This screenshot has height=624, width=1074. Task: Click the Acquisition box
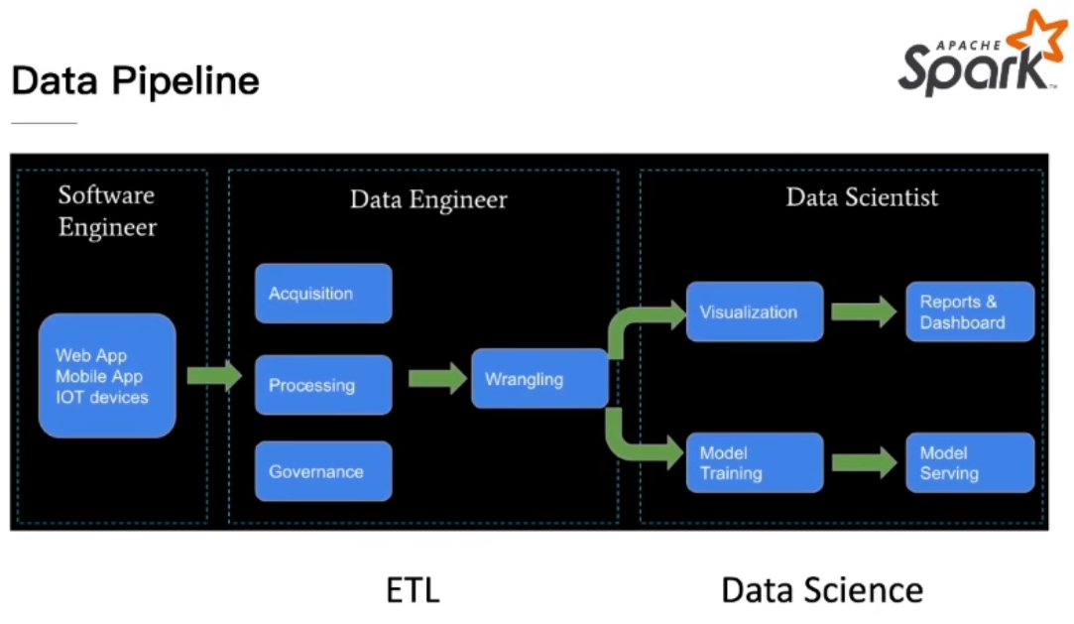pos(323,294)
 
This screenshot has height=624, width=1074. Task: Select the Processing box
pos(323,384)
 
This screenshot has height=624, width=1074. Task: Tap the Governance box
pos(323,470)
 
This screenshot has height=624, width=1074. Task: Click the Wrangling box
pos(539,378)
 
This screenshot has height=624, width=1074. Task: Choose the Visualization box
pos(755,312)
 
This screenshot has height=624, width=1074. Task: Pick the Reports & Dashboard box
pos(970,312)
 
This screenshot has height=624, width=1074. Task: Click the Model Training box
pos(755,462)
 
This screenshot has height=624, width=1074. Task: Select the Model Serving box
pos(970,462)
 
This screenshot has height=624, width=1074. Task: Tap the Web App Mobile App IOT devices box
pos(107,375)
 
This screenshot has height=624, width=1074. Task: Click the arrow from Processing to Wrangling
pos(437,379)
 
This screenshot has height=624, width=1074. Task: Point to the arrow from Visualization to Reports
pos(864,312)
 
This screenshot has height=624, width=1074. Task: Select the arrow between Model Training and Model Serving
pos(864,463)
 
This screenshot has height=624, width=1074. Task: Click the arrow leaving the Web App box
pos(214,375)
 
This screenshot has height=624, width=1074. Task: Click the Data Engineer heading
pos(428,199)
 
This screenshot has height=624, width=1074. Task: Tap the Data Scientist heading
pos(862,197)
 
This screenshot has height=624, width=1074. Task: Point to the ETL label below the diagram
pos(413,590)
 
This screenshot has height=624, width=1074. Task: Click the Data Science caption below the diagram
pos(822,590)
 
